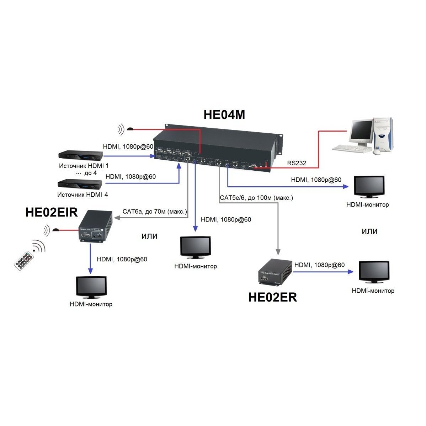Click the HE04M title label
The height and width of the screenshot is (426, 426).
[x=224, y=115]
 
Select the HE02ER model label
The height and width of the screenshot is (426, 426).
[x=272, y=297]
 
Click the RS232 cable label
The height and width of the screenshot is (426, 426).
[x=297, y=163]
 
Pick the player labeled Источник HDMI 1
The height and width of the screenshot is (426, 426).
[x=81, y=156]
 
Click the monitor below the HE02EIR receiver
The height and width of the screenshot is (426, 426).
[x=91, y=287]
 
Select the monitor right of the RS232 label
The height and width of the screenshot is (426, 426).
[x=369, y=187]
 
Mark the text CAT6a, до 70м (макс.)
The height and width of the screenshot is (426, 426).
[x=155, y=211]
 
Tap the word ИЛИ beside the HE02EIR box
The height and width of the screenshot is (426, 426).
[x=149, y=236]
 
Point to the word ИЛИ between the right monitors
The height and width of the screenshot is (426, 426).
[x=369, y=231]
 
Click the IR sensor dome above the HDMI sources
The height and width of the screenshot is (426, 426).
[x=131, y=128]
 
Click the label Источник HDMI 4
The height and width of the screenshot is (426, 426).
[x=82, y=195]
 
